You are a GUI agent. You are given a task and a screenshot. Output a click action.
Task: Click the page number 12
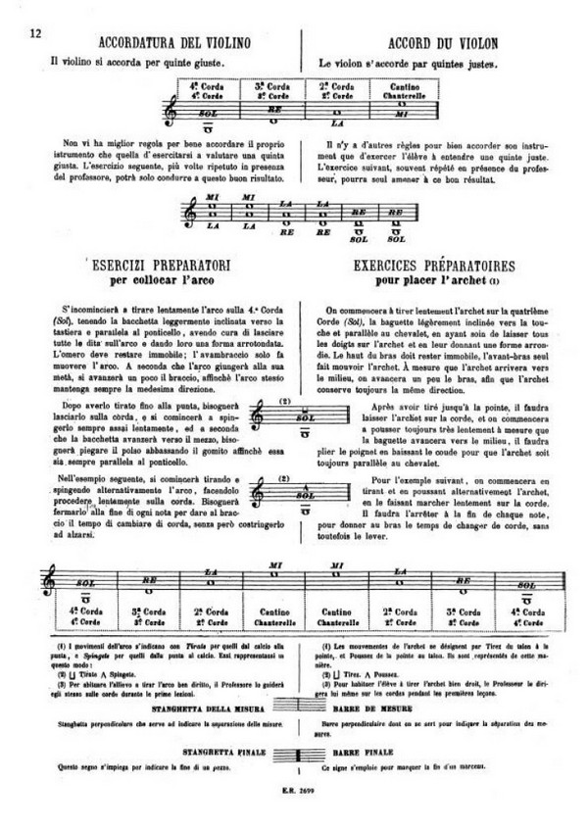pos(34,34)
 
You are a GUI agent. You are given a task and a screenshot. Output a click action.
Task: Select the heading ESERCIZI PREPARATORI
pos(159,268)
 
